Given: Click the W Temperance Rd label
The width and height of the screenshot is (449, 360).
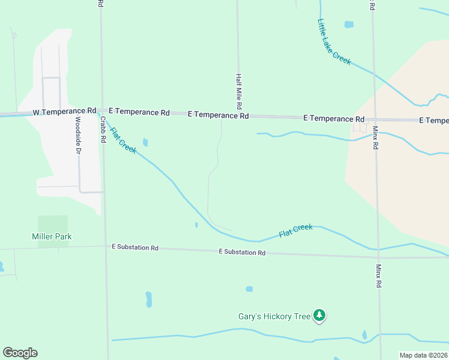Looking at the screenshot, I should [64, 111].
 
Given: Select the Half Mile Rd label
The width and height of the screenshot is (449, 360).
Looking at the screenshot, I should [239, 92].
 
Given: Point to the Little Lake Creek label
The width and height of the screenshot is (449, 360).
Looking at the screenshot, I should [334, 41].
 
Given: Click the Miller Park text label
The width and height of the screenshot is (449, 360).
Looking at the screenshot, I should [52, 236].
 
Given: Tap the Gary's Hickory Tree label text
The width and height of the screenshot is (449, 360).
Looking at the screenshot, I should [274, 316].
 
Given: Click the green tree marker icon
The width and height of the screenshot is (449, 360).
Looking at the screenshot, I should [320, 316].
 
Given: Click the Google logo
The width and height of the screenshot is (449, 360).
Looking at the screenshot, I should [20, 353].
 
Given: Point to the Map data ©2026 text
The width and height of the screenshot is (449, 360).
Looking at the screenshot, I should [424, 355].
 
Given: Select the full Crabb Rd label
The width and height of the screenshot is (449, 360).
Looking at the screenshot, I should [103, 129].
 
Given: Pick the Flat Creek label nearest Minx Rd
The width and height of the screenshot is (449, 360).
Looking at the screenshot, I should [295, 230].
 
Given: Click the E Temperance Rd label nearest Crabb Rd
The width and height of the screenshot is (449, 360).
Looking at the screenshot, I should [139, 112].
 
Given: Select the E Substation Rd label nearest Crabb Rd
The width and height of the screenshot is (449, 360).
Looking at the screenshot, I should [135, 247].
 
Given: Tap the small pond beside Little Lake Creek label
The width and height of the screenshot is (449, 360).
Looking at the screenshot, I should [349, 25].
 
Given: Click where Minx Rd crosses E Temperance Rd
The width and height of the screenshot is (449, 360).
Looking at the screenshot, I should [375, 119].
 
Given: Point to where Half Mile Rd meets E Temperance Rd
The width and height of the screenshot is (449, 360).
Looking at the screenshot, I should [239, 115].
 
